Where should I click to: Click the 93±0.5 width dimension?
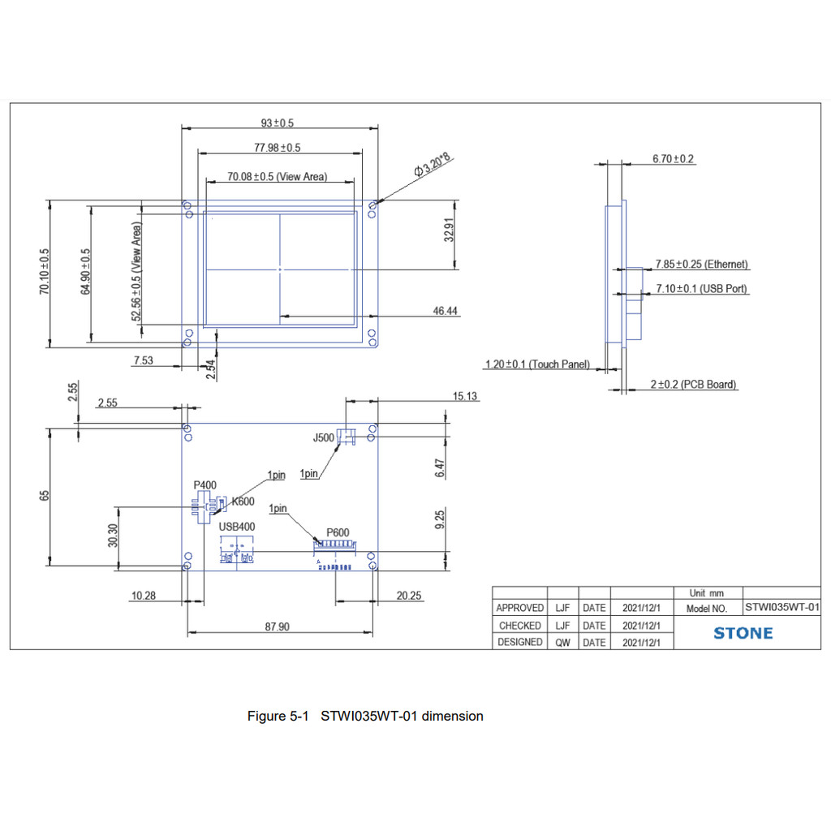(x=277, y=123)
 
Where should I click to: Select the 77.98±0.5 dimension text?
(x=277, y=148)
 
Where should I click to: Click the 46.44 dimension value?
(x=445, y=311)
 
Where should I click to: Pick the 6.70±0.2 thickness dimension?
(x=673, y=159)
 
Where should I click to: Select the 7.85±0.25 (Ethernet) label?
(x=701, y=265)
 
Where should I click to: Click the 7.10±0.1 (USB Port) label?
(x=701, y=289)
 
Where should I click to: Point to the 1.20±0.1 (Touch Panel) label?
(x=537, y=364)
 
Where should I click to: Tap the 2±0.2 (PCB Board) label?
(x=693, y=385)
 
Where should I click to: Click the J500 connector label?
(x=323, y=438)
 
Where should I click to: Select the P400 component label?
(x=205, y=485)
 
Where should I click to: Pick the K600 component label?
(x=243, y=502)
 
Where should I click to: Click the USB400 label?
(x=237, y=527)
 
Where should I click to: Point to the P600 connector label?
(x=338, y=532)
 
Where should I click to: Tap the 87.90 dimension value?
(x=278, y=626)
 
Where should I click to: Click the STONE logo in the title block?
(x=743, y=633)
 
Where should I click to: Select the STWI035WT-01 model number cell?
(x=781, y=607)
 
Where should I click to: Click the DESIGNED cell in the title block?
(x=520, y=642)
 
